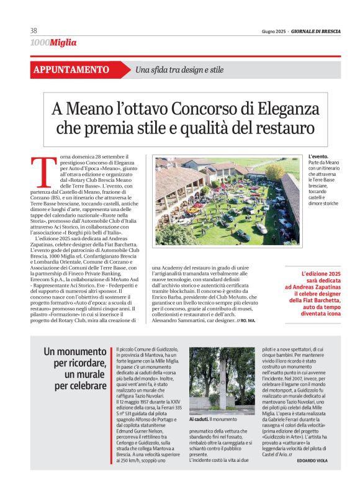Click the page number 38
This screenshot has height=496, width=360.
[34, 30]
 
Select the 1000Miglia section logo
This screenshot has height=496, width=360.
[53, 43]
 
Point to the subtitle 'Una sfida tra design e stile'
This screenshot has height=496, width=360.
[179, 70]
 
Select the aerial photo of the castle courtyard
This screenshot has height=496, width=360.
[227, 200]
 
